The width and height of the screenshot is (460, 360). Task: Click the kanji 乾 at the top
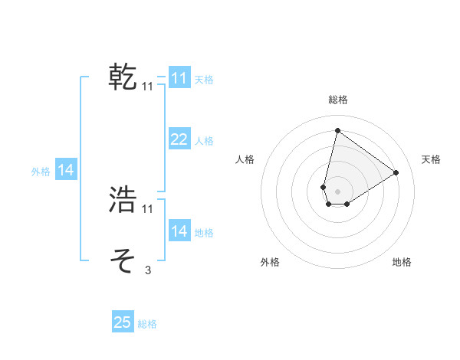coord(123,78)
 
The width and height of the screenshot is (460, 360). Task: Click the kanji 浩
coord(123,200)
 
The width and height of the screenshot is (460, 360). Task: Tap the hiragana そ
coord(123,260)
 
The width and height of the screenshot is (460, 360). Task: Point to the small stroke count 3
coord(147,270)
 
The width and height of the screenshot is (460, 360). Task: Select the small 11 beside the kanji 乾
coord(148,87)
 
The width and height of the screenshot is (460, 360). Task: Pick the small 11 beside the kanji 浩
coord(148,209)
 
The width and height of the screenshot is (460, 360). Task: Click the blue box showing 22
coord(179,139)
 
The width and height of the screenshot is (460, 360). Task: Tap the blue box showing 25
coord(123,323)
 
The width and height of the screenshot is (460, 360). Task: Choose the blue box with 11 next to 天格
coord(179,78)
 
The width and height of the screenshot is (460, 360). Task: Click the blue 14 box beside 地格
coord(179,231)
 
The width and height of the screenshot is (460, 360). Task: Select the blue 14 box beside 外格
coord(66,171)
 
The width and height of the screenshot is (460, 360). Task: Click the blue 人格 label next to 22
coord(204,141)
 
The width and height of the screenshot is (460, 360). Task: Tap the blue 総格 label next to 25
coord(147,324)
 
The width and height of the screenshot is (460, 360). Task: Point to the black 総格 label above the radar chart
coord(337,100)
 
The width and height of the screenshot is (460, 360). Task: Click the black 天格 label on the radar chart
coord(431,159)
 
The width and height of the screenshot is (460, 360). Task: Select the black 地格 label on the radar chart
coord(402,263)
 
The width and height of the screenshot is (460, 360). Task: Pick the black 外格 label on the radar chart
coord(270,263)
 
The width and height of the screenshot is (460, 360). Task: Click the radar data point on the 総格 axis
coord(337,130)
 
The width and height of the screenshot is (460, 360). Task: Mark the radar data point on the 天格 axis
coord(396,172)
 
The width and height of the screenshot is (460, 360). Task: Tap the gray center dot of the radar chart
coord(337,191)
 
